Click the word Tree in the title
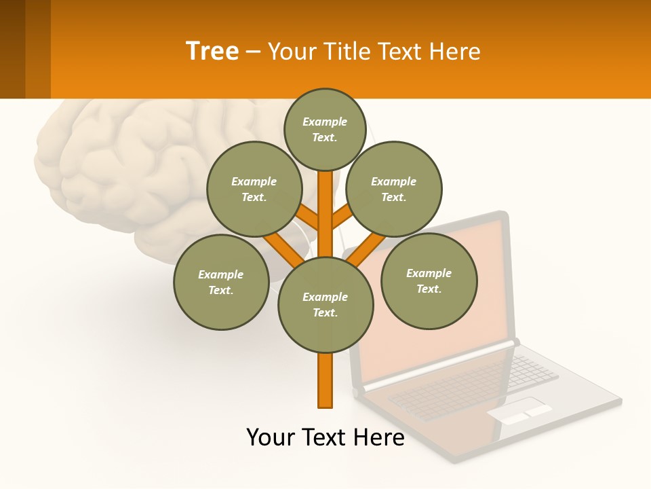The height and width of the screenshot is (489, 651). (212, 51)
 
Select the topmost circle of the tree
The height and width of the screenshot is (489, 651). (325, 129)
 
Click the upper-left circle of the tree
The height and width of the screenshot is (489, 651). (254, 189)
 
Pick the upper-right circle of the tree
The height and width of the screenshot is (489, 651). (394, 189)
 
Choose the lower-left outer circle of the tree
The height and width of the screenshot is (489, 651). (221, 282)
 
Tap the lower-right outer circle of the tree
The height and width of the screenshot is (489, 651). (429, 280)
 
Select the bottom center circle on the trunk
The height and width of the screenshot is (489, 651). (325, 305)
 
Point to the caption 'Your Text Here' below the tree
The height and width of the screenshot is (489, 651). (325, 437)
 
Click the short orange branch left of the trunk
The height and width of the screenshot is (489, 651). (307, 217)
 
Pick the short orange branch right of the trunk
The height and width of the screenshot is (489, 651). (342, 217)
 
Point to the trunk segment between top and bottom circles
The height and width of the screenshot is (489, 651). (325, 217)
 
